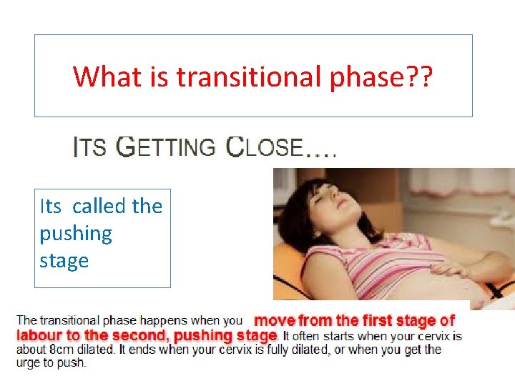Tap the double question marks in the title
tap(416, 76)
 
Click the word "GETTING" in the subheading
tap(165, 147)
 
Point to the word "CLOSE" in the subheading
tap(265, 147)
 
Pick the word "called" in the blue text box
tap(99, 206)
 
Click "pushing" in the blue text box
tap(76, 233)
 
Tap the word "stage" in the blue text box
tap(64, 260)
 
